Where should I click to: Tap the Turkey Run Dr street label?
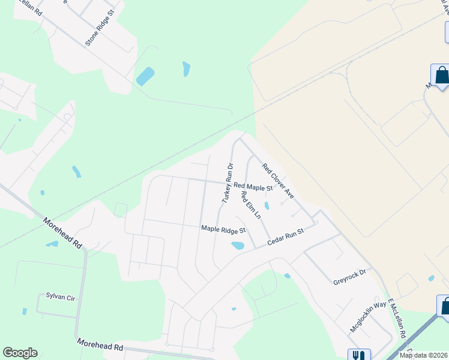tap(228, 182)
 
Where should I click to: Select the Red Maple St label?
tap(253, 187)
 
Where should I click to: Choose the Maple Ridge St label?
tap(223, 229)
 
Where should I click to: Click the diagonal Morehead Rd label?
tap(62, 233)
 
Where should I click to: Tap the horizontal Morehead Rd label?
tap(100, 344)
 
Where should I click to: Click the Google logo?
tap(20, 353)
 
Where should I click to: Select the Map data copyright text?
tap(423, 355)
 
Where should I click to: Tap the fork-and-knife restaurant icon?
tap(358, 355)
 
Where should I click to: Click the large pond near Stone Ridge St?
tap(145, 76)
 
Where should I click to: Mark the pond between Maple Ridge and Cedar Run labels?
tap(238, 245)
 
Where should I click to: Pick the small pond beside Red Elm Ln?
tap(267, 206)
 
